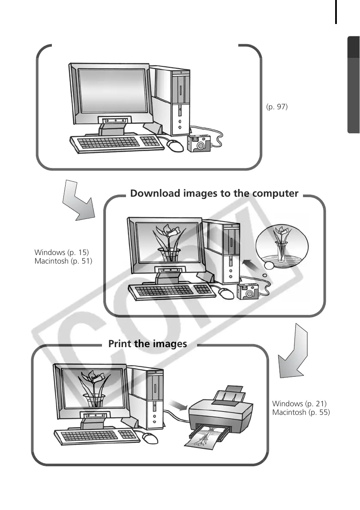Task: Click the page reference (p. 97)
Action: click(276, 107)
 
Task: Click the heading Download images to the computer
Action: click(214, 193)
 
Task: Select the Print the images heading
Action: click(147, 344)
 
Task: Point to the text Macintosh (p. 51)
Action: click(63, 261)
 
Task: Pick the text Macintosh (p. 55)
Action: click(301, 412)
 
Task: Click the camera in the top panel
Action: click(198, 143)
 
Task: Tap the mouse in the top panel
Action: click(175, 145)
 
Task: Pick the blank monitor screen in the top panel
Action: click(111, 91)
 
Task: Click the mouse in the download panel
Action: click(226, 293)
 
